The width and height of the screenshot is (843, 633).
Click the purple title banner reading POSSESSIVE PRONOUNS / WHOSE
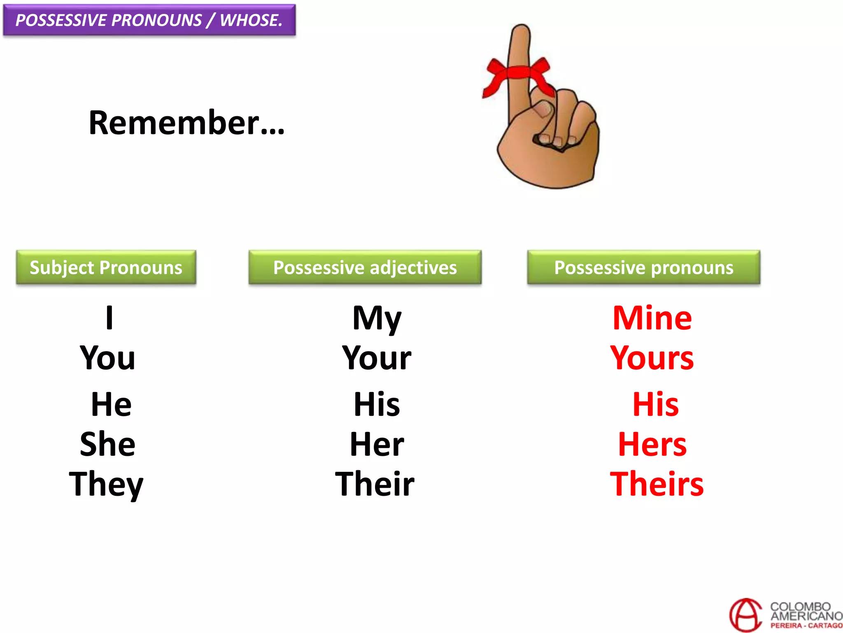[149, 20]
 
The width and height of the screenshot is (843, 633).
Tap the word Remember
[186, 123]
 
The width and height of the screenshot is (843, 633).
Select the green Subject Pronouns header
[106, 267]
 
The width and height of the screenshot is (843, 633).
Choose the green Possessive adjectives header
[365, 267]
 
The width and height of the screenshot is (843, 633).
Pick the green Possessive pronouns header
[643, 267]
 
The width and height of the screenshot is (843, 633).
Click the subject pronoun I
[109, 318]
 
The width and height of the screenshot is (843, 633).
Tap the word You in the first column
[107, 358]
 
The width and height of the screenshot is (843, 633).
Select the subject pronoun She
[107, 444]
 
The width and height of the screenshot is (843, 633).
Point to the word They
[106, 484]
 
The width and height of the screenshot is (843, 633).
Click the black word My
[377, 319]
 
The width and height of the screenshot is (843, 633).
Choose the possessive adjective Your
[377, 358]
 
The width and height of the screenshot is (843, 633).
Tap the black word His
[377, 404]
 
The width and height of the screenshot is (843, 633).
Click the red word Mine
[652, 318]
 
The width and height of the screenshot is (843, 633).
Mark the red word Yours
[652, 358]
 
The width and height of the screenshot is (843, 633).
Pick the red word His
[655, 404]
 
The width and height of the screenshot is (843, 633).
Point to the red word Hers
[652, 444]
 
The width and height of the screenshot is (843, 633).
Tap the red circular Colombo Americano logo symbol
[745, 615]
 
